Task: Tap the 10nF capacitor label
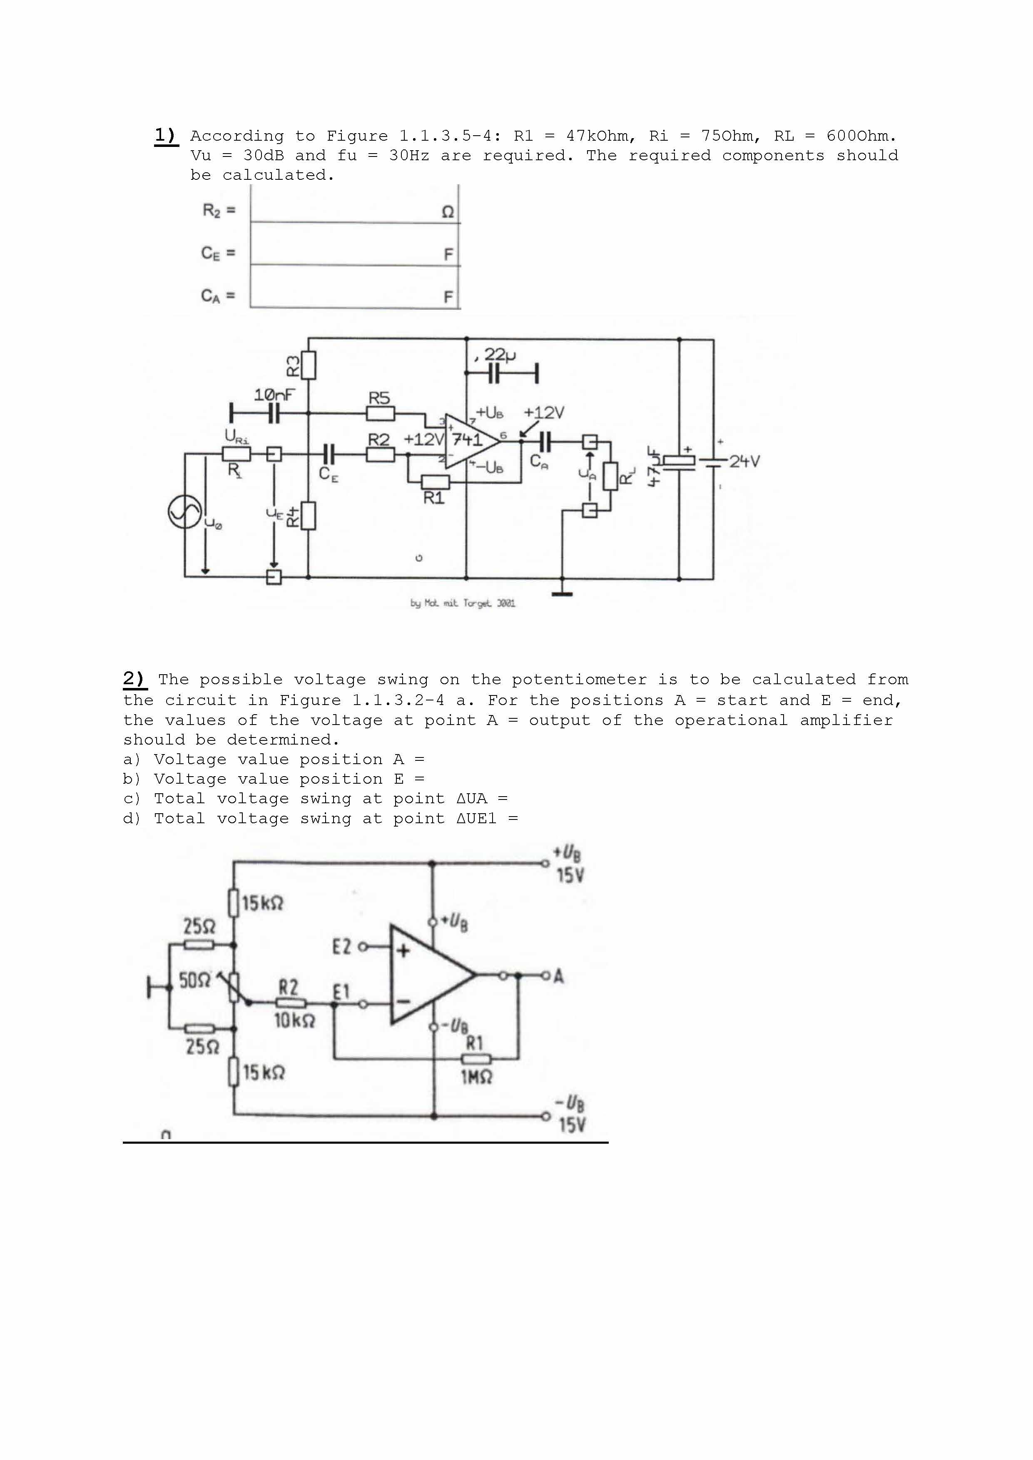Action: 274,395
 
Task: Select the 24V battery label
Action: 744,461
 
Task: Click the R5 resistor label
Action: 379,398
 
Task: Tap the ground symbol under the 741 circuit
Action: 562,593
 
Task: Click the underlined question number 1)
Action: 166,135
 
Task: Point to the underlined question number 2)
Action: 134,679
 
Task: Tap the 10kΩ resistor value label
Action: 294,1021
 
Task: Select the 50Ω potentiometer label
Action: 194,980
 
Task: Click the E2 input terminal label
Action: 341,947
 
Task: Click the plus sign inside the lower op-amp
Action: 403,951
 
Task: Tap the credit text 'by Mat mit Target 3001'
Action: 463,603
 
